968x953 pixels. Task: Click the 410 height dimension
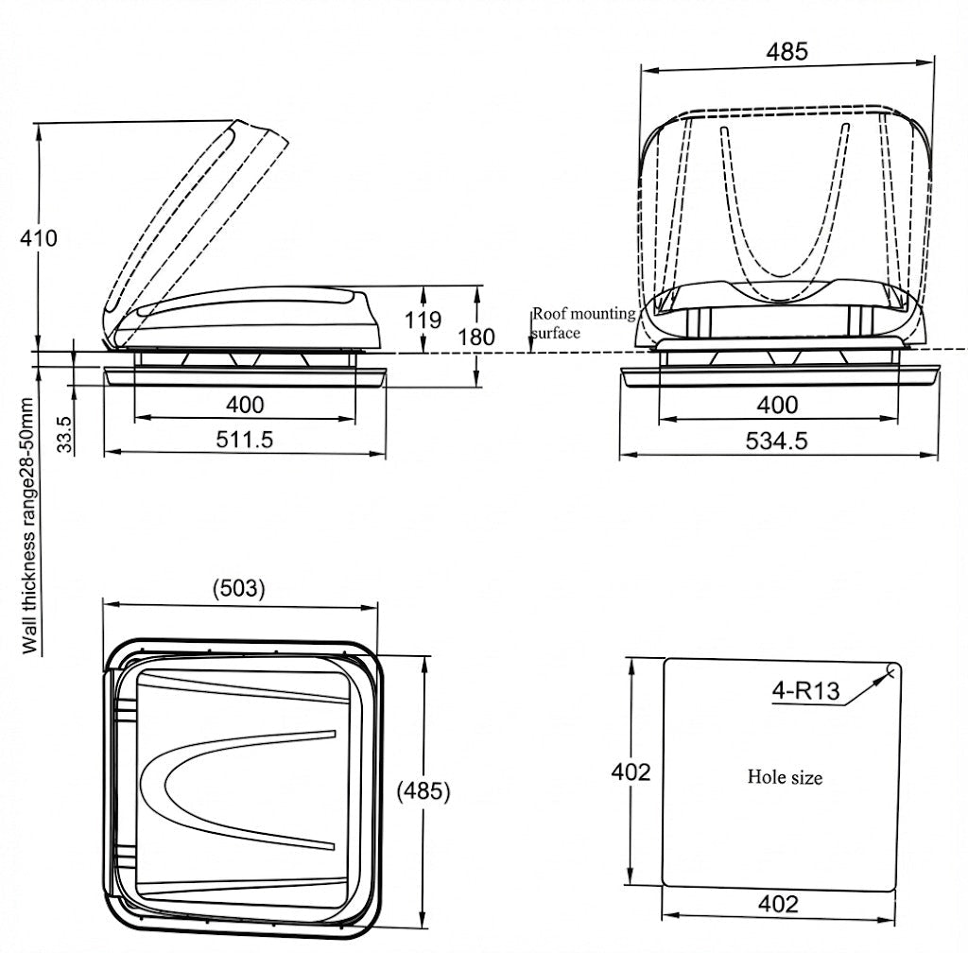pyautogui.click(x=39, y=238)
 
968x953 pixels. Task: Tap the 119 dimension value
pyautogui.click(x=423, y=320)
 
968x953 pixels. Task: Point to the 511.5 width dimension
pyautogui.click(x=245, y=439)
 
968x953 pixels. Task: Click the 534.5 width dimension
pyautogui.click(x=777, y=441)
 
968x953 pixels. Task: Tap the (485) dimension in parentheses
pyautogui.click(x=422, y=790)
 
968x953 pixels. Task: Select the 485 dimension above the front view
pyautogui.click(x=787, y=52)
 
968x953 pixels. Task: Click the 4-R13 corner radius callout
pyautogui.click(x=805, y=691)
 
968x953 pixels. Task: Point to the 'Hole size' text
pyautogui.click(x=785, y=777)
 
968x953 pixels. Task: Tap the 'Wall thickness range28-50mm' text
pyautogui.click(x=31, y=526)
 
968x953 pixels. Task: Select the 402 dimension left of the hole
pyautogui.click(x=631, y=771)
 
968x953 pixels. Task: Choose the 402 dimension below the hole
pyautogui.click(x=778, y=904)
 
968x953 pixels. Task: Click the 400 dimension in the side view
pyautogui.click(x=245, y=405)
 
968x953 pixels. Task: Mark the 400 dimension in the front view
pyautogui.click(x=777, y=405)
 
